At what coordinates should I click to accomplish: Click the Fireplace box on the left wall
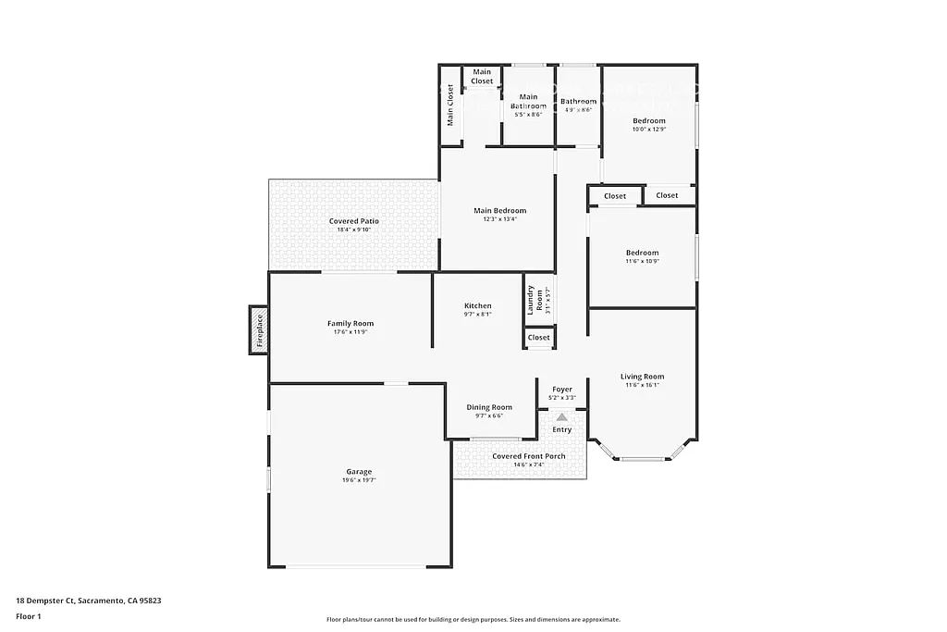259,329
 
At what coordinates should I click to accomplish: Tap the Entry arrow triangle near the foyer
561,417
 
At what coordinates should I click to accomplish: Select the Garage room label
359,472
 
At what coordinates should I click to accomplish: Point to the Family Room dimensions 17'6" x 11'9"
351,332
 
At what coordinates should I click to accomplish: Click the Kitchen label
477,305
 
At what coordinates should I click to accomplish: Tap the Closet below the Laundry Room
538,338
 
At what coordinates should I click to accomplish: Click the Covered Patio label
354,221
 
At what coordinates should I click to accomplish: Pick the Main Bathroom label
528,101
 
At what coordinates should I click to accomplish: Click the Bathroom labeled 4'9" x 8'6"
578,102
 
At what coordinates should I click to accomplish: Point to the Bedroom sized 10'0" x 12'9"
648,121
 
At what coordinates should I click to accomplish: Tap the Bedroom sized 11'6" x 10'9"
642,253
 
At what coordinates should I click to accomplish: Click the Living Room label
642,377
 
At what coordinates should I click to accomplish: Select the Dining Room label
489,407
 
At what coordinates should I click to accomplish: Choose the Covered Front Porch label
528,456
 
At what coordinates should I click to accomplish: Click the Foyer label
562,390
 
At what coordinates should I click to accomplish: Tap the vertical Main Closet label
450,105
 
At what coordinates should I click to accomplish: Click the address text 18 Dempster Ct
46,600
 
